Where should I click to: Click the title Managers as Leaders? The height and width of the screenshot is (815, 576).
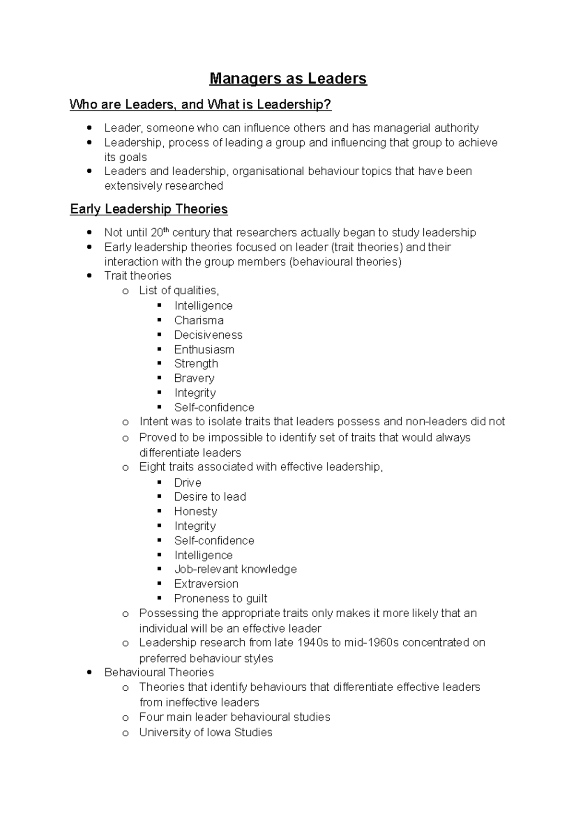tap(288, 79)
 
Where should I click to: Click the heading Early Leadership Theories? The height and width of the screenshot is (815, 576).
tap(149, 209)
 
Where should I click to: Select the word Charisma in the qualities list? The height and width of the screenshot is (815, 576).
tap(199, 320)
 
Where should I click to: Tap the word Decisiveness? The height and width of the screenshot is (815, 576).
tap(208, 335)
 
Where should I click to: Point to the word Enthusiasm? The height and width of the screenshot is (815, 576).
tap(204, 349)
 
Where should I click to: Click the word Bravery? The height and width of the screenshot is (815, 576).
tap(194, 378)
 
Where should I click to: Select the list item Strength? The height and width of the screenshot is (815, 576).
tap(196, 363)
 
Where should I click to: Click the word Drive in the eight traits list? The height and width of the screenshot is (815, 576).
tap(187, 482)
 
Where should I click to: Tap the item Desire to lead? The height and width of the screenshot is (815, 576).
tap(210, 497)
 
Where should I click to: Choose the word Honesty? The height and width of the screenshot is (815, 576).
tap(195, 511)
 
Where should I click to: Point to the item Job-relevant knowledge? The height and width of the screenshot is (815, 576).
tap(235, 569)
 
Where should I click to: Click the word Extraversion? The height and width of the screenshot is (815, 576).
tap(206, 584)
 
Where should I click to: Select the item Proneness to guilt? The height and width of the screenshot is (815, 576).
tap(220, 599)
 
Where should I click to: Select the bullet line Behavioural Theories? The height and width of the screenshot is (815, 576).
tap(159, 672)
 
